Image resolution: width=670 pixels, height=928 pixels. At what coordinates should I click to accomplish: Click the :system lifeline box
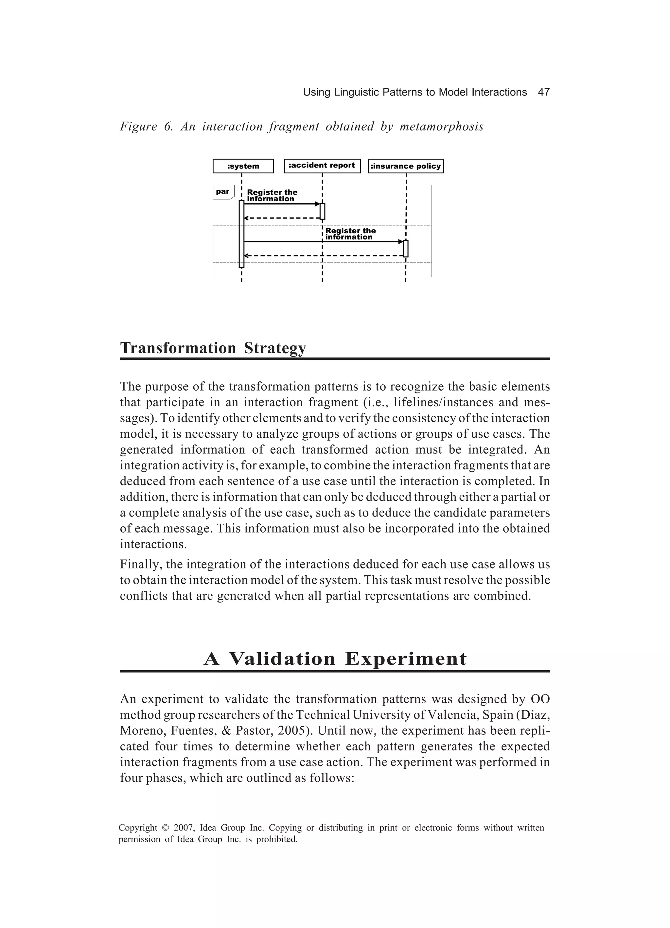[243, 166]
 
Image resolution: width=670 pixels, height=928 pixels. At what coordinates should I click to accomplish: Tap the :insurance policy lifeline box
[406, 166]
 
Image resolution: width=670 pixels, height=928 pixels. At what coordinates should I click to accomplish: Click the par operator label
[223, 191]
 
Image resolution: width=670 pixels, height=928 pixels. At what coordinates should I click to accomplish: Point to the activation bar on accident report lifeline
[323, 211]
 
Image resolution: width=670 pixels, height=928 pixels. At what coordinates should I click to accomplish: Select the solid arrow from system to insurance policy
[323, 242]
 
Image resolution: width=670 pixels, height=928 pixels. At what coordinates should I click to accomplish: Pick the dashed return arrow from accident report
[282, 218]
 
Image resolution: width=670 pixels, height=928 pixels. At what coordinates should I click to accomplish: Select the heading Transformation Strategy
[213, 348]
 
